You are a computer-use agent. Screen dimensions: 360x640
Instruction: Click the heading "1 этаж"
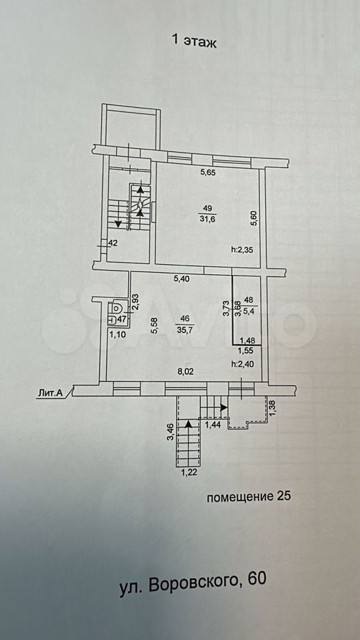pos(194,41)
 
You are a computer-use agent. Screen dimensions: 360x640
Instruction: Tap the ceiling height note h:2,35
pos(241,250)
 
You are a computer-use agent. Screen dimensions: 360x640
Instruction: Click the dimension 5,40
pos(183,279)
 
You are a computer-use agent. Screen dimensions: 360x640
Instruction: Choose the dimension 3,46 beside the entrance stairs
pos(171,431)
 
